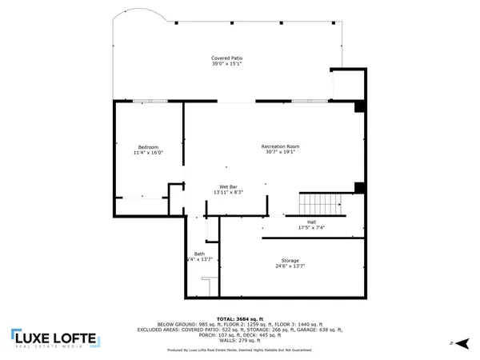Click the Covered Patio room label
click(227, 58)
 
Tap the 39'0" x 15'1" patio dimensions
click(227, 64)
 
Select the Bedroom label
click(148, 146)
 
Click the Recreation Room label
click(280, 146)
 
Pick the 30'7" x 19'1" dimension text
click(280, 152)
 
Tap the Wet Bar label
click(228, 186)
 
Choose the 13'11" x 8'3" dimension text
click(228, 192)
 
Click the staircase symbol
click(320, 202)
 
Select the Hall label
click(311, 222)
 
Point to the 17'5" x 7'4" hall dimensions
click(311, 227)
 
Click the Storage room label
click(290, 261)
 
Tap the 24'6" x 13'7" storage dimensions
click(290, 266)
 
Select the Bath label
click(198, 254)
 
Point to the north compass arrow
click(452, 342)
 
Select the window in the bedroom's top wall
click(144, 101)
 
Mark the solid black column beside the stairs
click(359, 188)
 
